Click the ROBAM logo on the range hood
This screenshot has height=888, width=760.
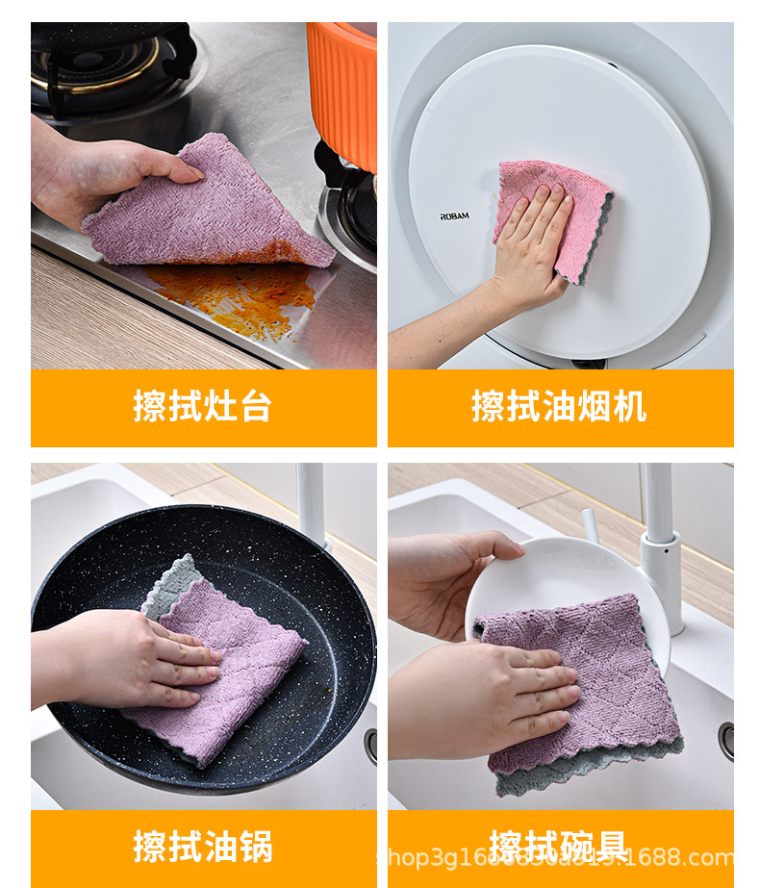click(454, 216)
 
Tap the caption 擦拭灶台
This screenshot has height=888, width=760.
click(203, 407)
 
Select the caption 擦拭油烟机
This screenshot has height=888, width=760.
click(559, 407)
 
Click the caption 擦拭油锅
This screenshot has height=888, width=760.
click(203, 847)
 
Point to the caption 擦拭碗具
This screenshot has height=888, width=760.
click(559, 847)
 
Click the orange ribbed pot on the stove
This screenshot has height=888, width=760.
click(343, 87)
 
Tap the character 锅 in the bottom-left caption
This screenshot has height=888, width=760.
click(255, 847)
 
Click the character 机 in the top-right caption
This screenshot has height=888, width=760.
click(629, 407)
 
